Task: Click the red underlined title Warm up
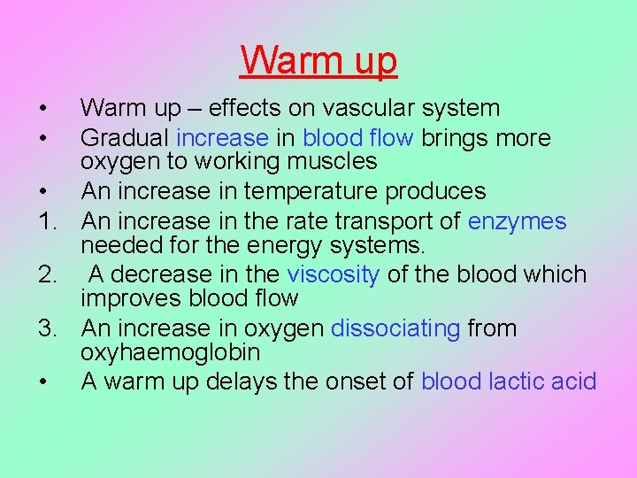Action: tap(318, 61)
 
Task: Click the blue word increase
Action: tap(222, 138)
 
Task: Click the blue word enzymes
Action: tap(517, 220)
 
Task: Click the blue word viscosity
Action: tap(334, 275)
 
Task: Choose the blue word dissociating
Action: tap(395, 328)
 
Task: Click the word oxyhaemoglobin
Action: tap(171, 352)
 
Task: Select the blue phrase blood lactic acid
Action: tap(509, 382)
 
